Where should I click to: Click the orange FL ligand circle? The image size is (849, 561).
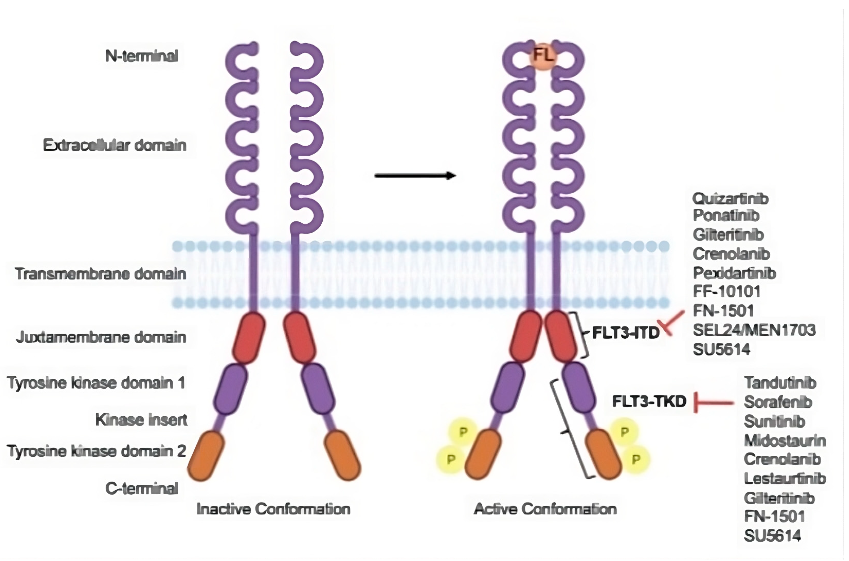(543, 57)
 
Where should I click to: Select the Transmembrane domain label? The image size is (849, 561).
(101, 274)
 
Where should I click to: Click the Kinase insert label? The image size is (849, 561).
(141, 420)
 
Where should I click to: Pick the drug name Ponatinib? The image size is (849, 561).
(726, 215)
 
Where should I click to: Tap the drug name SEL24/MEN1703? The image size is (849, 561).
(754, 330)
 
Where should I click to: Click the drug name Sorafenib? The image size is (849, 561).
(778, 402)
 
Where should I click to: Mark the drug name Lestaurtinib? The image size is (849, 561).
(785, 478)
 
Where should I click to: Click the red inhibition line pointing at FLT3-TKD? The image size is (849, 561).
(713, 403)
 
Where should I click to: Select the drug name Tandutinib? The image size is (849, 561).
(780, 383)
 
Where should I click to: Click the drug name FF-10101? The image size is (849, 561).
(726, 292)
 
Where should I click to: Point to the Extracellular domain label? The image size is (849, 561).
(115, 145)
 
